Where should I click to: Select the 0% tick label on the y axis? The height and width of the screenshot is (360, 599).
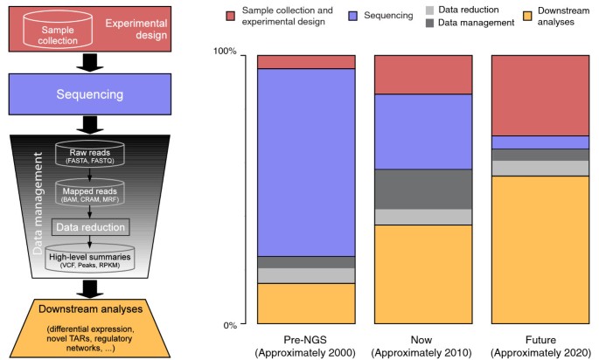230,325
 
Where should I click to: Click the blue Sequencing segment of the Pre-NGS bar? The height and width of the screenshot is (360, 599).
306,162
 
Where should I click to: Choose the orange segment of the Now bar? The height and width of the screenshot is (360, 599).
422,274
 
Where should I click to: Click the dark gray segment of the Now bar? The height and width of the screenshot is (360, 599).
422,188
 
